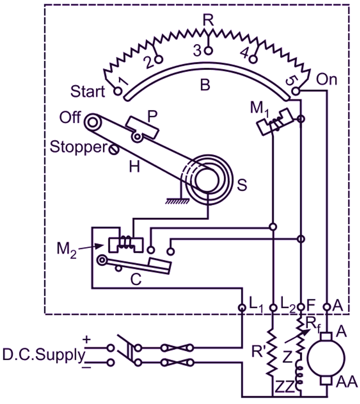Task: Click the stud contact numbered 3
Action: pyautogui.click(x=208, y=51)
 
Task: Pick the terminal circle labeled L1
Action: pyautogui.click(x=242, y=307)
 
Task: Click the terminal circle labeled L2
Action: pyautogui.click(x=272, y=307)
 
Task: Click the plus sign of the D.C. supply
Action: pyautogui.click(x=86, y=340)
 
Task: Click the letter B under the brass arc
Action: pyautogui.click(x=205, y=85)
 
